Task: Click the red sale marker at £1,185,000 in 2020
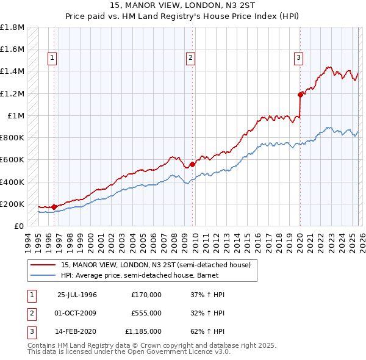pyautogui.click(x=300, y=95)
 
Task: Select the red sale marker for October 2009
pyautogui.click(x=192, y=164)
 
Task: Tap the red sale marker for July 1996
pyautogui.click(x=54, y=207)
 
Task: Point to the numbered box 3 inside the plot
pyautogui.click(x=299, y=58)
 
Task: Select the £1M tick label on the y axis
pyautogui.click(x=16, y=116)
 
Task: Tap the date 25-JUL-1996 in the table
pyautogui.click(x=77, y=295)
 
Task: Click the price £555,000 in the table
pyautogui.click(x=146, y=313)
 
